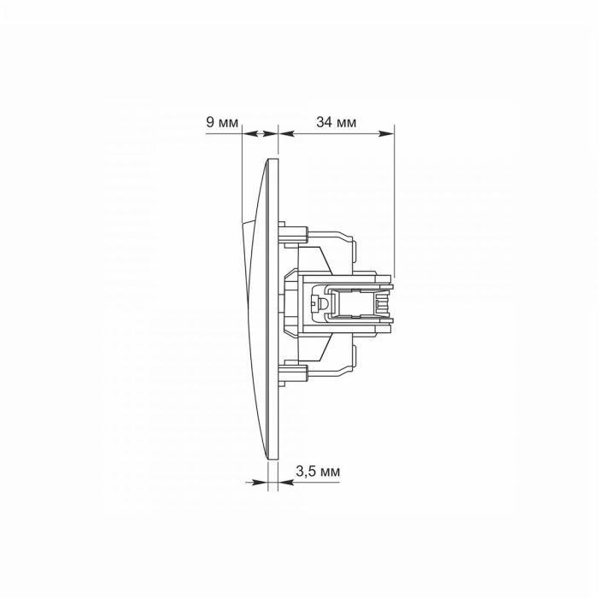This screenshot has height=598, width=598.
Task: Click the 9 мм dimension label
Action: tap(222, 122)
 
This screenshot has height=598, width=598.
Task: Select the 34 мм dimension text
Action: tap(336, 122)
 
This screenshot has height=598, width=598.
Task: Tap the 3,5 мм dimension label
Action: tap(318, 472)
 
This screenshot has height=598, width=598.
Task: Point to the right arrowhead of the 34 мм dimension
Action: tap(386, 133)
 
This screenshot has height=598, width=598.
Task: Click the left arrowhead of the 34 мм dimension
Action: tap(287, 133)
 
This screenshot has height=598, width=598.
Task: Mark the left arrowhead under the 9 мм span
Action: tap(249, 133)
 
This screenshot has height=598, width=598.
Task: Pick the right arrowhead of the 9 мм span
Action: tap(271, 133)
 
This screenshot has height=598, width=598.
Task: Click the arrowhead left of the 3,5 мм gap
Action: tap(260, 483)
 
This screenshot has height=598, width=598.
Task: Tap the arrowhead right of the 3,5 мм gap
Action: tap(286, 483)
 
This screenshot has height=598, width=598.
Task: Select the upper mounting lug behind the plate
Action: tap(293, 233)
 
